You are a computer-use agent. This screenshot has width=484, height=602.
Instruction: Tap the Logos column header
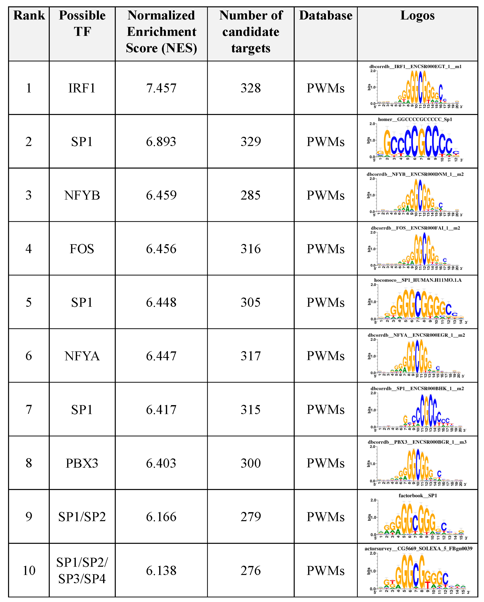[417, 15]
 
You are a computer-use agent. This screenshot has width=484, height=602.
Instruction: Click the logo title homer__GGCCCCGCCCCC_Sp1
[415, 120]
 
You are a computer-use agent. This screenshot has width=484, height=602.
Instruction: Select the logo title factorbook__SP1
[418, 496]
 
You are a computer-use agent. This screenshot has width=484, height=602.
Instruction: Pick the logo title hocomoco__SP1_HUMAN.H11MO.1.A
[418, 280]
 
